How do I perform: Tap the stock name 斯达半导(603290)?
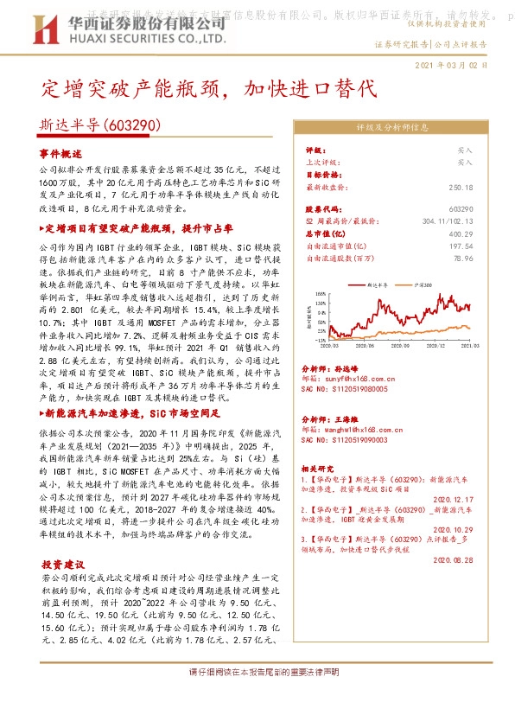(101, 126)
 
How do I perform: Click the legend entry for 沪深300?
(429, 284)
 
